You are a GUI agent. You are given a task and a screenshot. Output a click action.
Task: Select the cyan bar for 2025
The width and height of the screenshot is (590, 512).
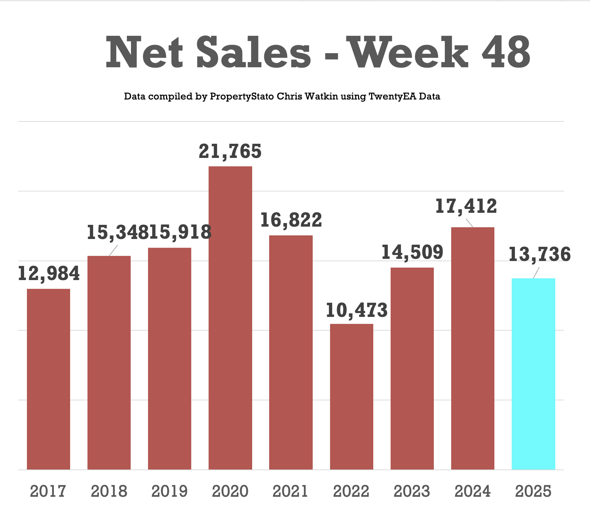coord(533,374)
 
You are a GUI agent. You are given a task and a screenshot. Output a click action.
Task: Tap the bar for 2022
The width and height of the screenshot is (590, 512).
coord(351,397)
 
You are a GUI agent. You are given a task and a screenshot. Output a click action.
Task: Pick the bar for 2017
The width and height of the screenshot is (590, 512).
coord(49,379)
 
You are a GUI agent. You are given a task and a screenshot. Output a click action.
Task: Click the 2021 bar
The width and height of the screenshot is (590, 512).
coord(291,352)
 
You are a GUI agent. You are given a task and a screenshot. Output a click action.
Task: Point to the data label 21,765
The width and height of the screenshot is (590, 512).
coord(230,151)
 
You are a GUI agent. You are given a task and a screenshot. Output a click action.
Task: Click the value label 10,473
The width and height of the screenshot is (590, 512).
coord(356,310)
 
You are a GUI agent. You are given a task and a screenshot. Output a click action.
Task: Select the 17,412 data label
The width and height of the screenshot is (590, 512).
coord(466,206)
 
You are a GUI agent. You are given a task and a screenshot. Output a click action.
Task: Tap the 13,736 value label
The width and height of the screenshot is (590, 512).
coord(540,254)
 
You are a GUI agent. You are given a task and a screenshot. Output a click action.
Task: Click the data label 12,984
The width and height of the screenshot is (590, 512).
coord(49,273)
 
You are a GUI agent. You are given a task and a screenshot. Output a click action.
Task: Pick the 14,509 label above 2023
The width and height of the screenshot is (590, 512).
coord(412,252)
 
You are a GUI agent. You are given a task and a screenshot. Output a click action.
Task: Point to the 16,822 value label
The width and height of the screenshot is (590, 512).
coord(291,220)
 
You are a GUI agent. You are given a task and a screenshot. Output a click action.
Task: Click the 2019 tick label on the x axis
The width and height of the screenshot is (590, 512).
coord(170,491)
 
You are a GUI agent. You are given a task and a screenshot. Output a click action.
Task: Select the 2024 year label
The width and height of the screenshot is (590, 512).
coord(473,491)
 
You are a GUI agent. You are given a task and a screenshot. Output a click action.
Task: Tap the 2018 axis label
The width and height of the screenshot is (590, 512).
coord(109,491)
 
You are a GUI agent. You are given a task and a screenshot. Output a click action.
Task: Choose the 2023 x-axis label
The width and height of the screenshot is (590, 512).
coord(412,491)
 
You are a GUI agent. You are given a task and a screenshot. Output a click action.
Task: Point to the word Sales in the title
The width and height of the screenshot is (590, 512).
coord(254,53)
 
